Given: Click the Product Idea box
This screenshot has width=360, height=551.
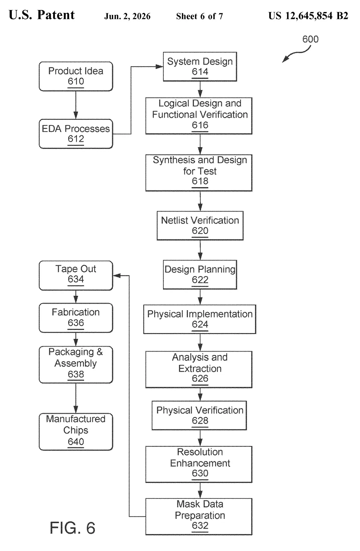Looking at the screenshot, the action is pyautogui.click(x=76, y=76).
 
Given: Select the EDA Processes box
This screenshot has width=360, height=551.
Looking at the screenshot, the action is pyautogui.click(x=76, y=134).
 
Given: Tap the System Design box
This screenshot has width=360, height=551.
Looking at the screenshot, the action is pyautogui.click(x=200, y=67).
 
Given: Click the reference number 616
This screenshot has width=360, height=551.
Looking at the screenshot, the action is pyautogui.click(x=200, y=125).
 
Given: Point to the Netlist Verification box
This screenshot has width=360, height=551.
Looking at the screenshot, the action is pyautogui.click(x=200, y=226).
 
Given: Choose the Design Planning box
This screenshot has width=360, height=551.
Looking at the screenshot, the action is pyautogui.click(x=200, y=275).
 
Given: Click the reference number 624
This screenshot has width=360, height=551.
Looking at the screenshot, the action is pyautogui.click(x=200, y=324).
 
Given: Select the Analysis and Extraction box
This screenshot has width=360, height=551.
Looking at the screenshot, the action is pyautogui.click(x=199, y=369).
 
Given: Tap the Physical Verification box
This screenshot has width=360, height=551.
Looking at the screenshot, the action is pyautogui.click(x=199, y=415).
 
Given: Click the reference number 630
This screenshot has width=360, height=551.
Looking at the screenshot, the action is pyautogui.click(x=200, y=473).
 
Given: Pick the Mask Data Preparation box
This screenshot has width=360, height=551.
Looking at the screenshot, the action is pyautogui.click(x=199, y=517).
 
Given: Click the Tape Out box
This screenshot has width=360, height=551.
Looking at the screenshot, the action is pyautogui.click(x=76, y=275).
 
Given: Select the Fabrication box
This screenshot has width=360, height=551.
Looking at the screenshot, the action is pyautogui.click(x=76, y=318).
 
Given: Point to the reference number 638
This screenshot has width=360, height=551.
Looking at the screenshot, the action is pyautogui.click(x=76, y=374).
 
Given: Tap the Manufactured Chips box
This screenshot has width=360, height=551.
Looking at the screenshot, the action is pyautogui.click(x=76, y=432).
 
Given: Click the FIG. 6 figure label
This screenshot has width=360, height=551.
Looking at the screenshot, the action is pyautogui.click(x=72, y=528).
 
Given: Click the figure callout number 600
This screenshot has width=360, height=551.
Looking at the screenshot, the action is pyautogui.click(x=310, y=39).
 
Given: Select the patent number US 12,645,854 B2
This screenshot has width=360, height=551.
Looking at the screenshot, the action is pyautogui.click(x=308, y=16).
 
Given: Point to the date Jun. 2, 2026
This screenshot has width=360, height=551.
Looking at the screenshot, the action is pyautogui.click(x=127, y=16).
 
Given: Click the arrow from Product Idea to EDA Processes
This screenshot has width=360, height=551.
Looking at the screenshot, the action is pyautogui.click(x=76, y=105).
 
